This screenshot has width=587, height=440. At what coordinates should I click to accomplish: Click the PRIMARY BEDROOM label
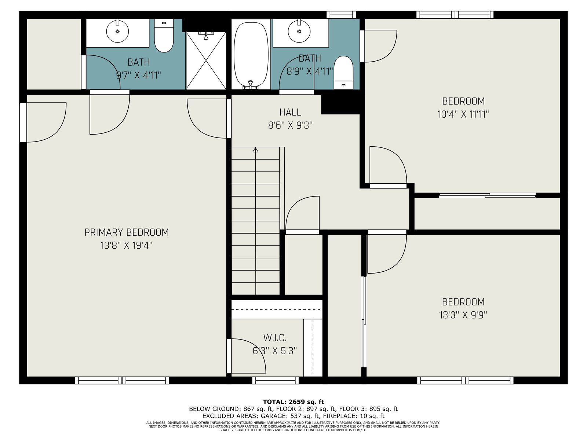[x=127, y=232]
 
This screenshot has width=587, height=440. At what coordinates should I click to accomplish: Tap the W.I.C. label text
[x=275, y=338]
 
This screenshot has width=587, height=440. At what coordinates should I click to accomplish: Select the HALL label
[x=290, y=112]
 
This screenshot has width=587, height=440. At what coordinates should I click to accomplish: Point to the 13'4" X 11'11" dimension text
[x=463, y=114]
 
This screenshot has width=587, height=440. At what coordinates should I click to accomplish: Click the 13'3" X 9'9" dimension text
[x=463, y=315]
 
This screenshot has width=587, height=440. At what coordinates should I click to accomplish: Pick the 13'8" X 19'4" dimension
[x=127, y=245]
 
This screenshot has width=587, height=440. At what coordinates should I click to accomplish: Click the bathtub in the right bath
[x=251, y=54]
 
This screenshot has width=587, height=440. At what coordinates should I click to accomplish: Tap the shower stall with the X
[x=206, y=60]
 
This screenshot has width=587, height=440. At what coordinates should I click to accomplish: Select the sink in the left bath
[x=117, y=31]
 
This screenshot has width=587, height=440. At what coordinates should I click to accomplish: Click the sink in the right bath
[x=299, y=31]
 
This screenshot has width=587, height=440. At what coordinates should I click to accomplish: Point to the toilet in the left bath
[x=164, y=36]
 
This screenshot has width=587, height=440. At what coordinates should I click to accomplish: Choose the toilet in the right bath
[x=344, y=72]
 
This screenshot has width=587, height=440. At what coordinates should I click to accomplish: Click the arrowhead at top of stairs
[x=255, y=150]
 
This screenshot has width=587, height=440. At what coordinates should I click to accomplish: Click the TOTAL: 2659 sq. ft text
[x=293, y=402]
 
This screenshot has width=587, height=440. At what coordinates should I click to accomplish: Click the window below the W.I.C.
[x=276, y=380]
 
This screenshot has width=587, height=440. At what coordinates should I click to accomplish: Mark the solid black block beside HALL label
[x=340, y=104]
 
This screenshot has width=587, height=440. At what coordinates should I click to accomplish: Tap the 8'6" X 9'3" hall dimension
[x=290, y=125]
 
